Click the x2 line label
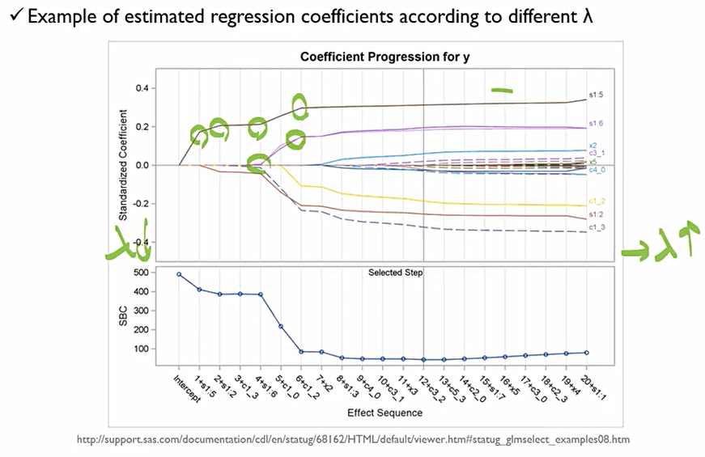(593, 146)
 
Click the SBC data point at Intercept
(179, 274)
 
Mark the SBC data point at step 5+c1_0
(281, 327)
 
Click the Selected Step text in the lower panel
(396, 273)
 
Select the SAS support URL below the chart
(353, 440)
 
